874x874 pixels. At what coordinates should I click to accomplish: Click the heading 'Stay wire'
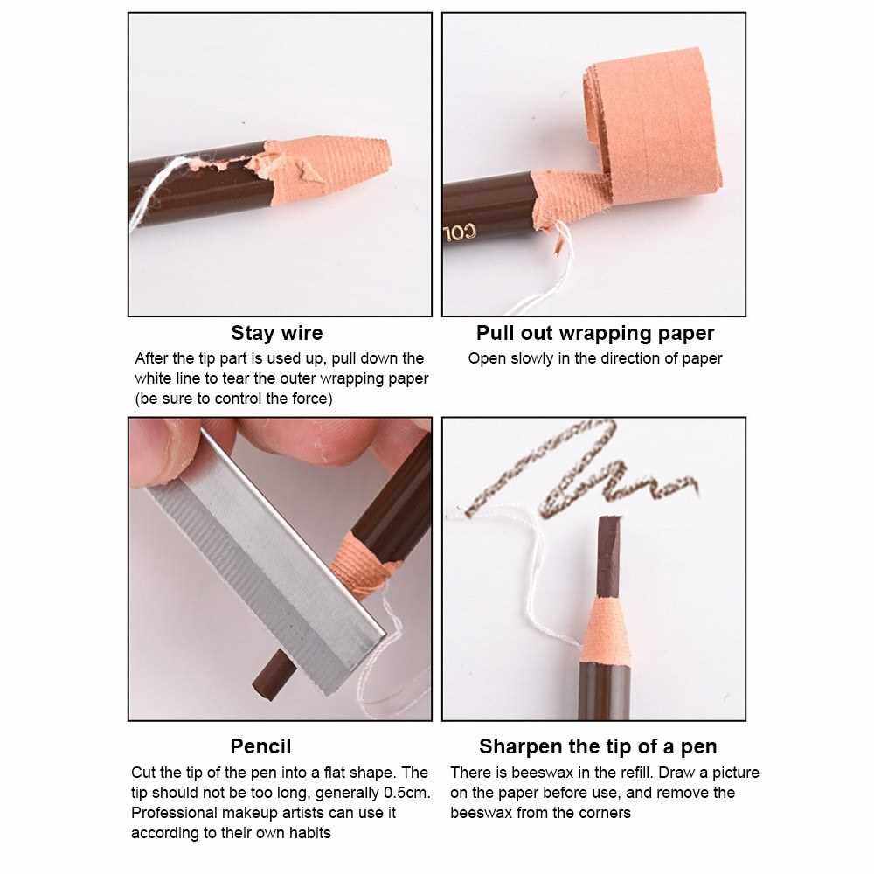[276, 333]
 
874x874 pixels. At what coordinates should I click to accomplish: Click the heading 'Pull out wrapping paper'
[594, 333]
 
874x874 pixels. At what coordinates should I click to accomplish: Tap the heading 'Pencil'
[260, 746]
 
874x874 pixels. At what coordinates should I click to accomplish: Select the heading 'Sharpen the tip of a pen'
[598, 746]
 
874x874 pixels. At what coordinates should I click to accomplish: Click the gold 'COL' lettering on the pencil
[461, 232]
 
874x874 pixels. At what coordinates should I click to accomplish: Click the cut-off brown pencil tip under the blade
[273, 675]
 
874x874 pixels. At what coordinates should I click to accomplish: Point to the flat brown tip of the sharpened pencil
[608, 556]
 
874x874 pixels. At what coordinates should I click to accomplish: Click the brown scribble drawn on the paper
[579, 474]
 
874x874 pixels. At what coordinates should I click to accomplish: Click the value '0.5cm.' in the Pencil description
[407, 793]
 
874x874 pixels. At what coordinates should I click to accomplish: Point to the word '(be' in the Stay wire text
[145, 399]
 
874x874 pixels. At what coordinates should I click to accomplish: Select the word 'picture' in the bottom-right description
[732, 773]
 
